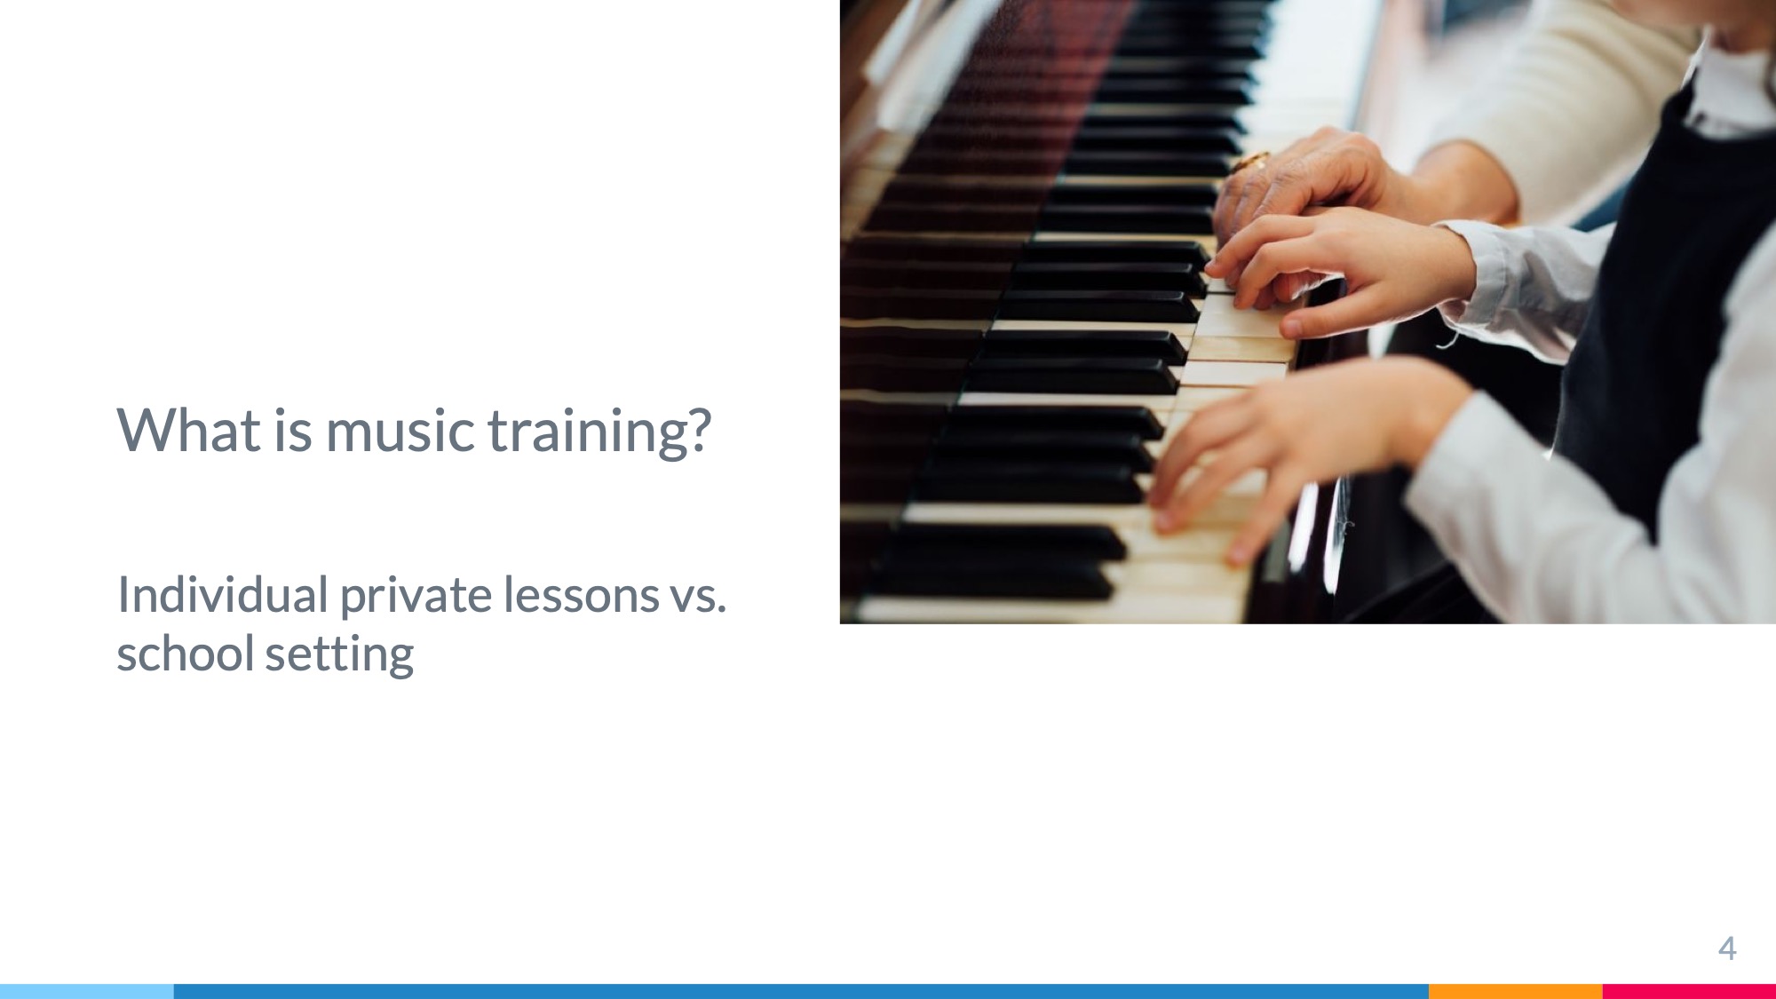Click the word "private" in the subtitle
click(x=416, y=596)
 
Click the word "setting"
click(x=339, y=655)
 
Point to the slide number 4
click(x=1727, y=949)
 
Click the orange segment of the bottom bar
click(x=1516, y=991)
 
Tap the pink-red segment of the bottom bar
click(x=1689, y=991)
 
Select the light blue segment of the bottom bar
click(x=87, y=991)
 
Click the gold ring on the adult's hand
click(x=1252, y=162)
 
